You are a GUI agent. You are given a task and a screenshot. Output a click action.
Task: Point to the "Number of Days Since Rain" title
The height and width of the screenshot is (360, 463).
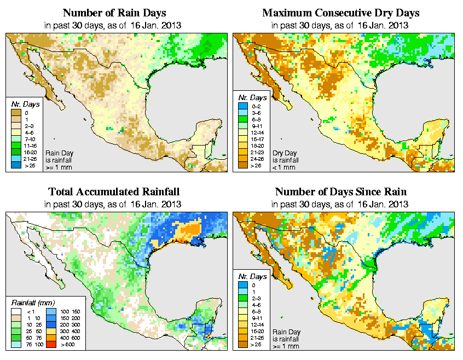[340, 191]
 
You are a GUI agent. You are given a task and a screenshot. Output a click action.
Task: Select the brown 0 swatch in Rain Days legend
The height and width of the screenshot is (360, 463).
[15, 112]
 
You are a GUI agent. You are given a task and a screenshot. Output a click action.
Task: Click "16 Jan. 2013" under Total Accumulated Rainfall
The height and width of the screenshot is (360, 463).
[158, 204]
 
